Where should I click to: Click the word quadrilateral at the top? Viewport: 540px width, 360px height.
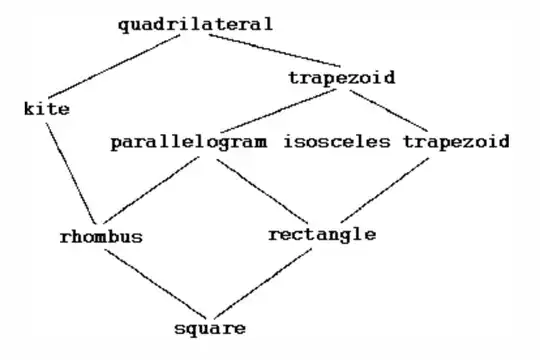pos(194,25)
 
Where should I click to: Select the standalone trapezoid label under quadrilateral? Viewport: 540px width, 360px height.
pos(340,77)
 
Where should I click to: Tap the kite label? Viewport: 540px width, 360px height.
pos(46,109)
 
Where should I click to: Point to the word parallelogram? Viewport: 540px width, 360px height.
pos(189,141)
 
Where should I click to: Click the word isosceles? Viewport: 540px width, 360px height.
pos(336,141)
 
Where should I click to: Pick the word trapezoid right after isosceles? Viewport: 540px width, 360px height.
pos(456,141)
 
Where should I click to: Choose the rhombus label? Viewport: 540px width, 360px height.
pos(100,237)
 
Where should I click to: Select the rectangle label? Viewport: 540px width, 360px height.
pos(322,235)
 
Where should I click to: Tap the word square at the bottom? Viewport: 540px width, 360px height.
pos(209,327)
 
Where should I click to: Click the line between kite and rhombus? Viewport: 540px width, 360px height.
pos(74,170)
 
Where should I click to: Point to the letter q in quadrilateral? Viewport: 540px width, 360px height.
pos(122,26)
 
